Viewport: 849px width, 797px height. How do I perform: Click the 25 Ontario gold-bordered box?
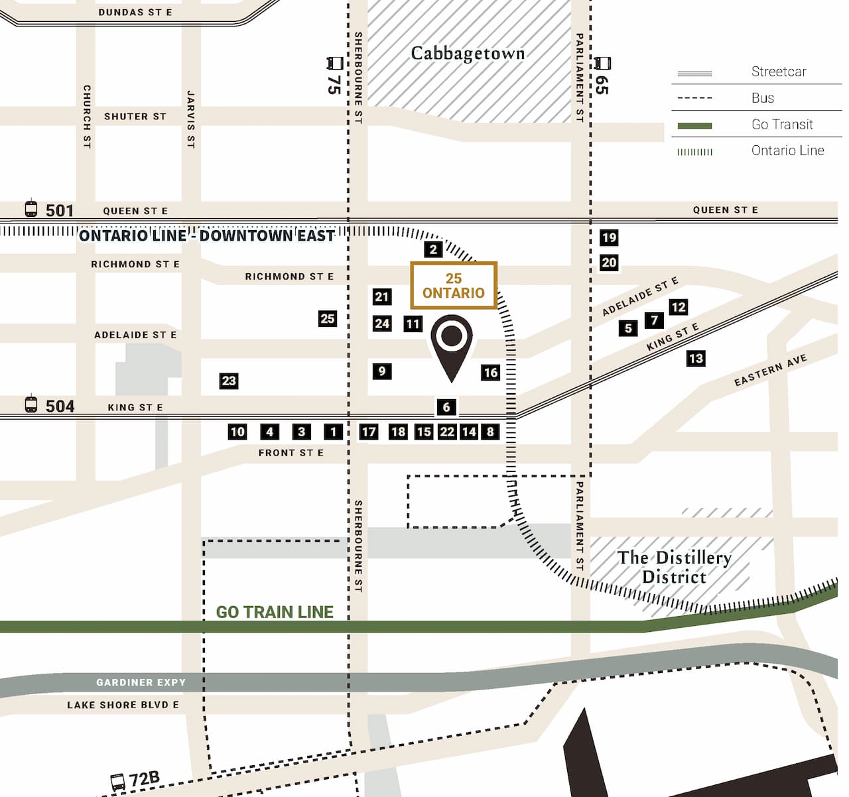(454, 286)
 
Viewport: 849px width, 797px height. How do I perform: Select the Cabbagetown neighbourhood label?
(468, 54)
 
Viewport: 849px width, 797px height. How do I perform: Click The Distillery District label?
(675, 567)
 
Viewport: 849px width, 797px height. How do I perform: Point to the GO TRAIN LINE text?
(275, 612)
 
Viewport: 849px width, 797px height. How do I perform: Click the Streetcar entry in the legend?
(778, 72)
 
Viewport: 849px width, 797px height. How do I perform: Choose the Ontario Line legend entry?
(787, 151)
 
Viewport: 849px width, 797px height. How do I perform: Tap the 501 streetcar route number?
(59, 210)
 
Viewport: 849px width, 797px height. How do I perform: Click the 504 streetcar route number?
(59, 406)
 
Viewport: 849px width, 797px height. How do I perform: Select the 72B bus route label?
(144, 779)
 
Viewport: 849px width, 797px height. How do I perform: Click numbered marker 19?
(609, 237)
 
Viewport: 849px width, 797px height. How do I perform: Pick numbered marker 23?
(229, 381)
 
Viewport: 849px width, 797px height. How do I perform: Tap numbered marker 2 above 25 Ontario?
(433, 249)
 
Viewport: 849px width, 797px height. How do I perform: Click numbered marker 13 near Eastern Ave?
(696, 359)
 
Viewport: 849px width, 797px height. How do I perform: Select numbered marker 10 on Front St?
(237, 432)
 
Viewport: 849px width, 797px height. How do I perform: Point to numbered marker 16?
(491, 372)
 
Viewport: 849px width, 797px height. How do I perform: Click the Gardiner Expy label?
(141, 682)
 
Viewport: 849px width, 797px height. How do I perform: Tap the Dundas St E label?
(135, 12)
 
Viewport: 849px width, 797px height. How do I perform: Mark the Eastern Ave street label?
(770, 370)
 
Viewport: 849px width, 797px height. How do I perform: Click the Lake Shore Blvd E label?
(123, 705)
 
